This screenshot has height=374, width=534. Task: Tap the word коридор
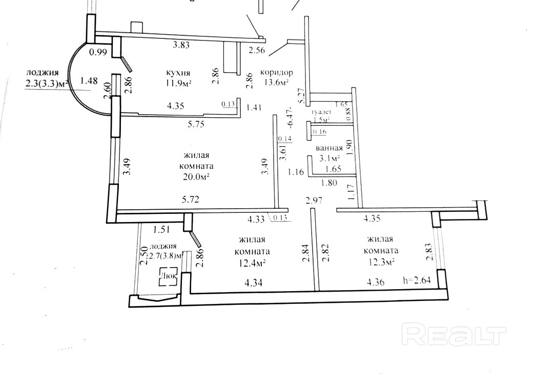click(276, 72)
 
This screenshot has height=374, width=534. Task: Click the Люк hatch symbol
click(169, 276)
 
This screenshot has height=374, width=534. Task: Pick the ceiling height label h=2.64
click(418, 280)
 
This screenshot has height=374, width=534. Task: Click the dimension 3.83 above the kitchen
click(181, 45)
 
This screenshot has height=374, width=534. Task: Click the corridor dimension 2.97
click(314, 200)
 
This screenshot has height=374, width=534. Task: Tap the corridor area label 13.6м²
click(276, 84)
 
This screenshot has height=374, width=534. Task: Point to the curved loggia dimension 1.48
click(89, 80)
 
